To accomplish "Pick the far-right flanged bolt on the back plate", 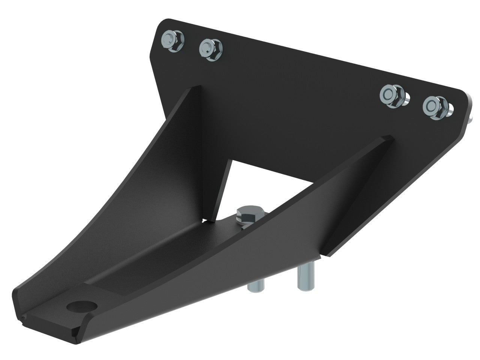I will (434, 106).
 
